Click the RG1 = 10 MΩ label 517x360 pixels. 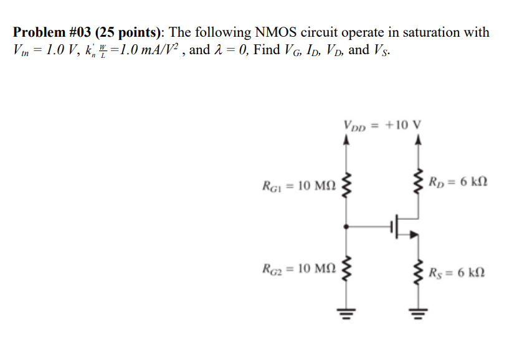300,186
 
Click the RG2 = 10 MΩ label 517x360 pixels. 300,269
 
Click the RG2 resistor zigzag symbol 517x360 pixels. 347,269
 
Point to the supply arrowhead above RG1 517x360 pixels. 347,140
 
